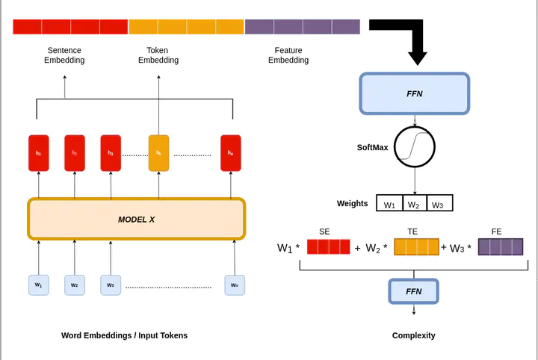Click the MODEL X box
point(136,219)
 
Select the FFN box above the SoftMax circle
point(414,93)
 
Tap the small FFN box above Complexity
point(413,291)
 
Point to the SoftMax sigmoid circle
point(415,146)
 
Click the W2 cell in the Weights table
point(414,203)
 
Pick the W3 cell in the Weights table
point(439,203)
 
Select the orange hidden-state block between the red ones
point(158,153)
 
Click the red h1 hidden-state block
point(39,153)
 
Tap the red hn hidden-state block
point(230,153)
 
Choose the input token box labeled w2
point(75,285)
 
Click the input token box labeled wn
point(235,285)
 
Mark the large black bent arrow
point(407,37)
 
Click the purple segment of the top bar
point(303,27)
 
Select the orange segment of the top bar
point(186,27)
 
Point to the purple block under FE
point(500,247)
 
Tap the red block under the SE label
point(328,247)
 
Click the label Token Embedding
point(158,55)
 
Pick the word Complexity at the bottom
point(413,335)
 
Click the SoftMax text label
point(372,147)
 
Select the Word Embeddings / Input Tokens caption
point(124,335)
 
